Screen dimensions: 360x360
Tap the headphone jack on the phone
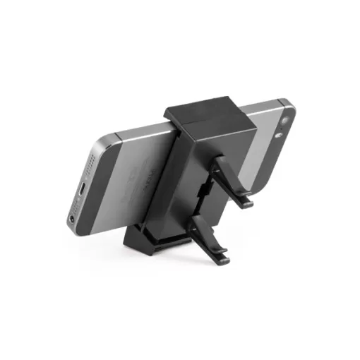coord(75,220)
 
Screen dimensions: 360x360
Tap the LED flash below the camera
coord(283,134)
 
